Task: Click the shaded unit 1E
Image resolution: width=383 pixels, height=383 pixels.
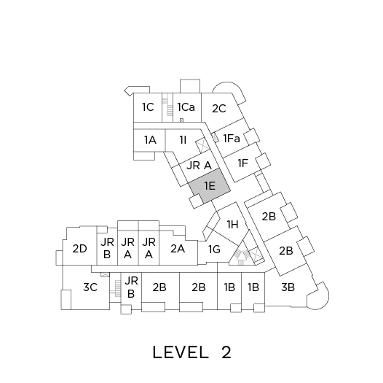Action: (x=210, y=186)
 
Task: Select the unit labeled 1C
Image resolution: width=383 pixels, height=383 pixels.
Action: (x=148, y=107)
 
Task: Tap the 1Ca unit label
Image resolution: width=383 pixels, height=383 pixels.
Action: (x=186, y=107)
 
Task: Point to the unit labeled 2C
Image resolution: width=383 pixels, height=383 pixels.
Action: (x=219, y=109)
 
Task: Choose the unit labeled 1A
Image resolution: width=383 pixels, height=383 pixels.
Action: (x=150, y=140)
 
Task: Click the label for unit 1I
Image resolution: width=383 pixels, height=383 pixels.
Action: (x=183, y=140)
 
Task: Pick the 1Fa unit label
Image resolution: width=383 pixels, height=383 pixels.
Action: (x=232, y=139)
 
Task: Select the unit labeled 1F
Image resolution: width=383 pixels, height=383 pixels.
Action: (x=243, y=163)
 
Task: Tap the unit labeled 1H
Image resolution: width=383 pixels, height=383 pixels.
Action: (x=232, y=224)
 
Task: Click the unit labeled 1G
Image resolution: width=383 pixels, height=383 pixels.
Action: (x=214, y=249)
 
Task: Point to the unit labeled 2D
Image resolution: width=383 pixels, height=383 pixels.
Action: (x=79, y=249)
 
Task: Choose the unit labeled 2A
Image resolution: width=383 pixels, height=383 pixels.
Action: (x=178, y=249)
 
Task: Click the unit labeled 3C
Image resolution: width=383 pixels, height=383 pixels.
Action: (x=90, y=287)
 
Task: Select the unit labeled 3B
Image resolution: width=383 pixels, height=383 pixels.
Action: (x=288, y=287)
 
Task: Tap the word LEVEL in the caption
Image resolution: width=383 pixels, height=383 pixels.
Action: (x=181, y=352)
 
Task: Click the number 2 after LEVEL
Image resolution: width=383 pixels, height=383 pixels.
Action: (x=226, y=352)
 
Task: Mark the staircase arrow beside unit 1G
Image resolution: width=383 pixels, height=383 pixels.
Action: (x=241, y=258)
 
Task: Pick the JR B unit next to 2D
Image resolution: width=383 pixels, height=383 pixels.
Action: (x=107, y=248)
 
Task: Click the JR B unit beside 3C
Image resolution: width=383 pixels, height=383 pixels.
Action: (x=131, y=287)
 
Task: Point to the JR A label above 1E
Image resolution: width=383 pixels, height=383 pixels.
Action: (x=199, y=166)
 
